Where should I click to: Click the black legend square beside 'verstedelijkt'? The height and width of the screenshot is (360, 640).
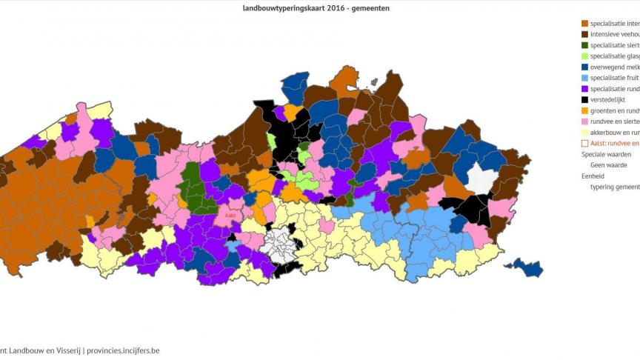tap(585, 99)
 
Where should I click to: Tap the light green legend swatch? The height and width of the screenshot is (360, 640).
tap(585, 56)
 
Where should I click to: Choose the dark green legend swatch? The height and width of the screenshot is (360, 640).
tap(585, 45)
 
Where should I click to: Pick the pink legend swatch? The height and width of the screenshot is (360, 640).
tap(585, 121)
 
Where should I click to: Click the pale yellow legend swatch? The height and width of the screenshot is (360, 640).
tap(585, 132)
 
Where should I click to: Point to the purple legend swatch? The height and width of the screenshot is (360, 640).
tap(585, 88)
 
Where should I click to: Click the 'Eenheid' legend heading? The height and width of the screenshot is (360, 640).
tap(593, 176)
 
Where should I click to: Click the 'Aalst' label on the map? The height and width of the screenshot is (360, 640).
tap(230, 216)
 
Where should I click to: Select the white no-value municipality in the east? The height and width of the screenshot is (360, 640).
tap(480, 179)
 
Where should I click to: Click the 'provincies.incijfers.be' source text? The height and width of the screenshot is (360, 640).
tap(123, 350)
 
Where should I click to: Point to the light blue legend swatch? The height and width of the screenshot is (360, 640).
tap(585, 78)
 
